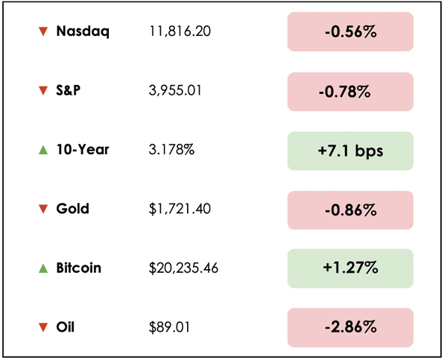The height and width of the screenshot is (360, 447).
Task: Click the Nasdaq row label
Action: [83, 32]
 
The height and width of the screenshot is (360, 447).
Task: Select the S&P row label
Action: [69, 91]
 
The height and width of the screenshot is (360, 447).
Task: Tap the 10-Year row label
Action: [83, 150]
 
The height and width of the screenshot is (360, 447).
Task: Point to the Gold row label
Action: [72, 209]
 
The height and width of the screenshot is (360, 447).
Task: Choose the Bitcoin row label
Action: [78, 268]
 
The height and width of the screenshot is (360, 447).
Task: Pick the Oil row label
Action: [66, 326]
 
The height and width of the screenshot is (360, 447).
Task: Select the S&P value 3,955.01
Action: [175, 91]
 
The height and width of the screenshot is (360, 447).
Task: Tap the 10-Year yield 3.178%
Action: [172, 150]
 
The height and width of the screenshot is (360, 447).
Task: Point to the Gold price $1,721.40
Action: [180, 209]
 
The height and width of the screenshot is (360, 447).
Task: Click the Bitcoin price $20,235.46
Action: [183, 268]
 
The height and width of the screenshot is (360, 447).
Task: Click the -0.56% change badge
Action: [350, 32]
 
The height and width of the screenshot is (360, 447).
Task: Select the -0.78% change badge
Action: [350, 91]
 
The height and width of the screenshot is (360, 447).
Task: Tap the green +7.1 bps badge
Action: [350, 150]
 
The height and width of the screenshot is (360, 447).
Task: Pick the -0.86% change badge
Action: [350, 209]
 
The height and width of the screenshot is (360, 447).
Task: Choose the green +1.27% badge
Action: [350, 268]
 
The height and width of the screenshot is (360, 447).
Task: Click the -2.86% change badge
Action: [350, 326]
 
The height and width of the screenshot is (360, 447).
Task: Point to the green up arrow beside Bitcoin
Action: [42, 268]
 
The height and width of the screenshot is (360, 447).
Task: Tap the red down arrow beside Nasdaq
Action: [42, 32]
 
